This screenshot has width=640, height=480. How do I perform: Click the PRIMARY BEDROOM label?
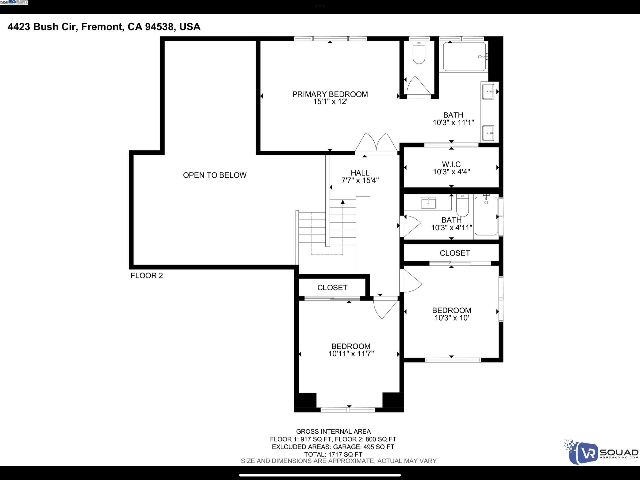tap(330, 94)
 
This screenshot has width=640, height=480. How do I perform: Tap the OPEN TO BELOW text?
tap(215, 175)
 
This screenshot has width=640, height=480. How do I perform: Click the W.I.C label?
tap(451, 164)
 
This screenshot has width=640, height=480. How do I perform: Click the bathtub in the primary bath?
tap(464, 57)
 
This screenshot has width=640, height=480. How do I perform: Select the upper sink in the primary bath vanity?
tap(488, 92)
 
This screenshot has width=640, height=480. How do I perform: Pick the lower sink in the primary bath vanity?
tap(488, 133)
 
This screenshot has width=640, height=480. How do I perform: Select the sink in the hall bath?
tap(428, 203)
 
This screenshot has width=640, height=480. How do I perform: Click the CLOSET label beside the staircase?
tap(332, 288)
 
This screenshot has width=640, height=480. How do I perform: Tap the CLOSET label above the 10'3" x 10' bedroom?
tap(454, 253)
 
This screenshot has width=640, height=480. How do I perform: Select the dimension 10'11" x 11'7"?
tap(351, 353)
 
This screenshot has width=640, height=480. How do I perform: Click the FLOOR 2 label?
tap(147, 276)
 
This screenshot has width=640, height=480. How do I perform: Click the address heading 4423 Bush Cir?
tap(104, 27)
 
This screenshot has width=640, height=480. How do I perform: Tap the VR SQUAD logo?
tap(600, 452)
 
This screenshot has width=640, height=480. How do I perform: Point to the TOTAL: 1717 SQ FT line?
tap(333, 454)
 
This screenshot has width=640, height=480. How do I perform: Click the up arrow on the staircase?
tap(343, 202)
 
